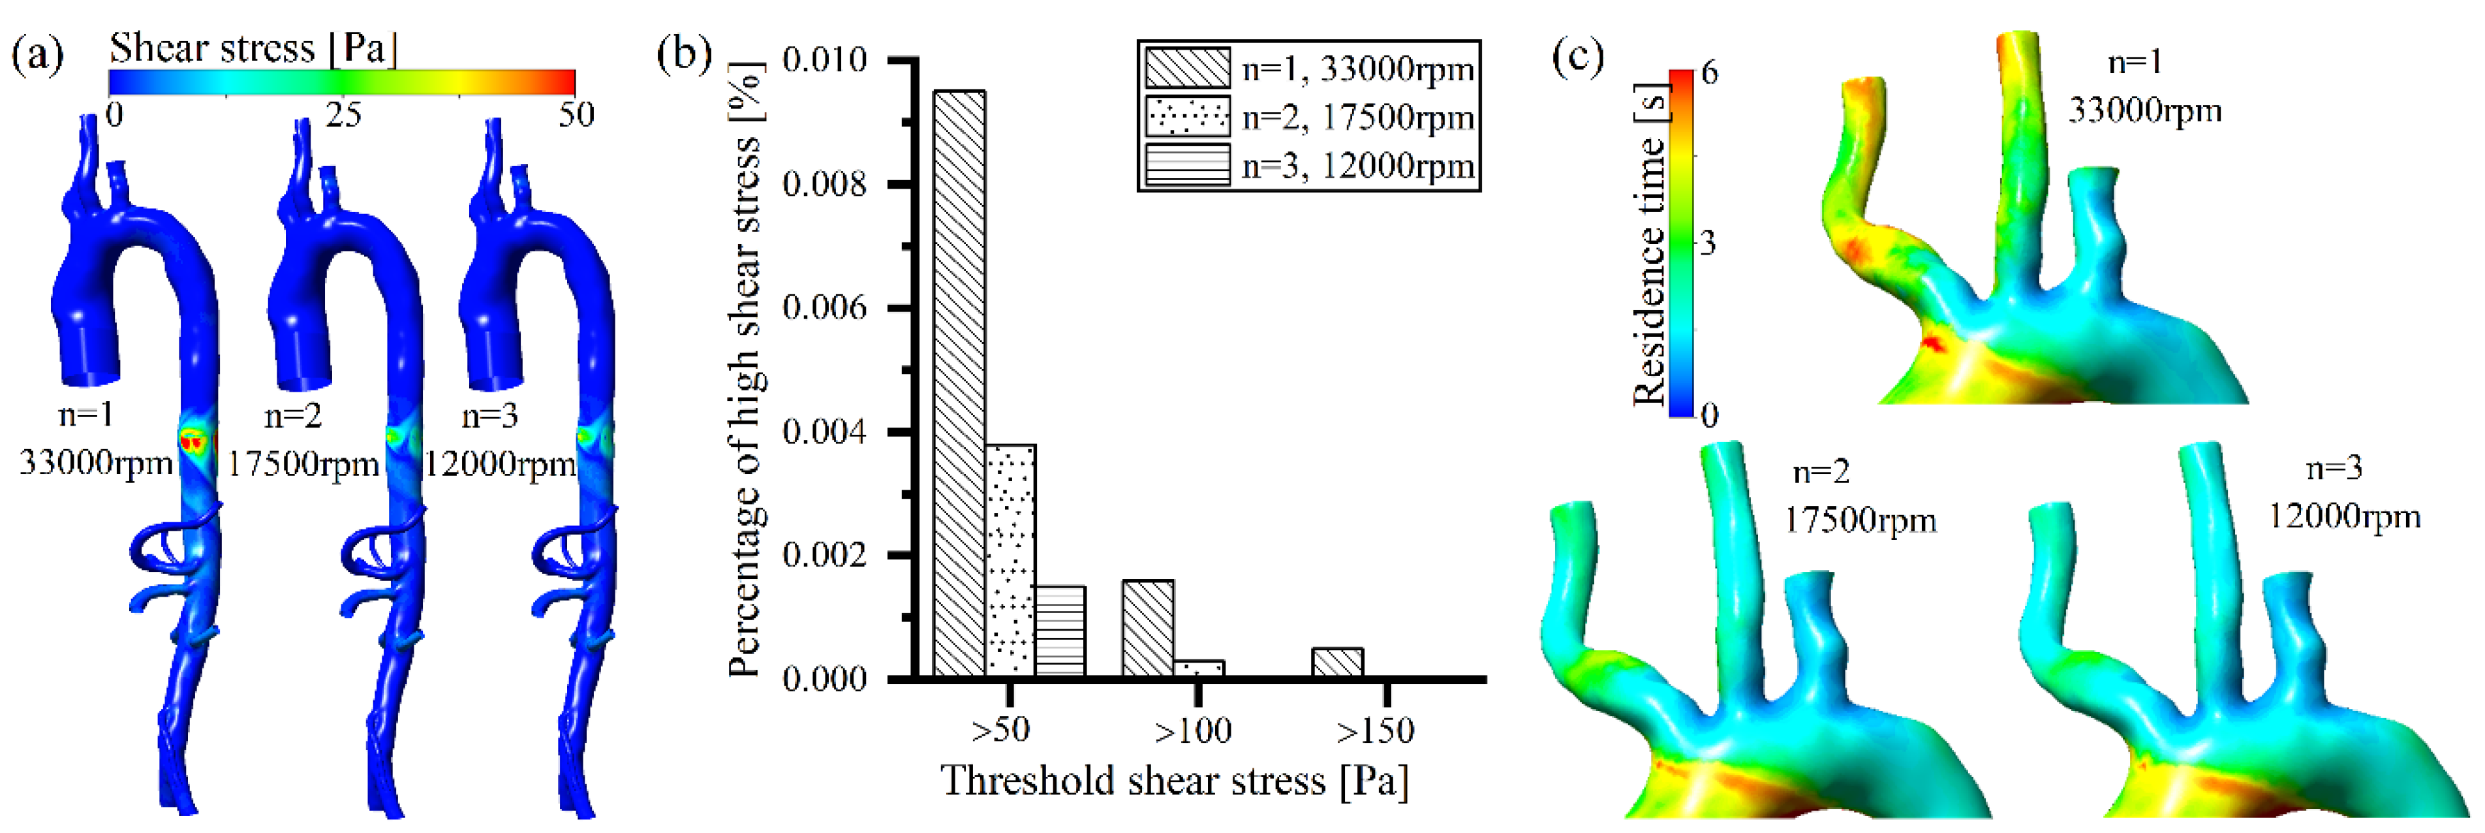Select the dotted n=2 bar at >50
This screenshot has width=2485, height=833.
(x=1010, y=560)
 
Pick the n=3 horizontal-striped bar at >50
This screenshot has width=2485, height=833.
(x=1060, y=631)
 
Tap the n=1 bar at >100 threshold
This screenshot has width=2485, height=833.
(x=1148, y=627)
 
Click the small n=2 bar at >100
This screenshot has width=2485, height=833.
(x=1199, y=668)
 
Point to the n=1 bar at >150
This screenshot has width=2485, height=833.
(x=1337, y=662)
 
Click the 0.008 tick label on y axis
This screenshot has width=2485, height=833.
(x=825, y=183)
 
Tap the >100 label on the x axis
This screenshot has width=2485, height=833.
(x=1194, y=731)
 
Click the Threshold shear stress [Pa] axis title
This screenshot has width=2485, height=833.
(x=1174, y=781)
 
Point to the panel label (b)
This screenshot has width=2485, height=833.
(x=683, y=54)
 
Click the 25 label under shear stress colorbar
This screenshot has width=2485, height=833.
(x=343, y=115)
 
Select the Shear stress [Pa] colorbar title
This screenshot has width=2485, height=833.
(x=253, y=47)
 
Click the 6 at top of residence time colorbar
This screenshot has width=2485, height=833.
(x=1709, y=73)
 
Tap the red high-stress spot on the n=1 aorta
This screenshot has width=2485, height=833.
(x=194, y=441)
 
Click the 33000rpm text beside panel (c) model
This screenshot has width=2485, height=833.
(x=2144, y=111)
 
